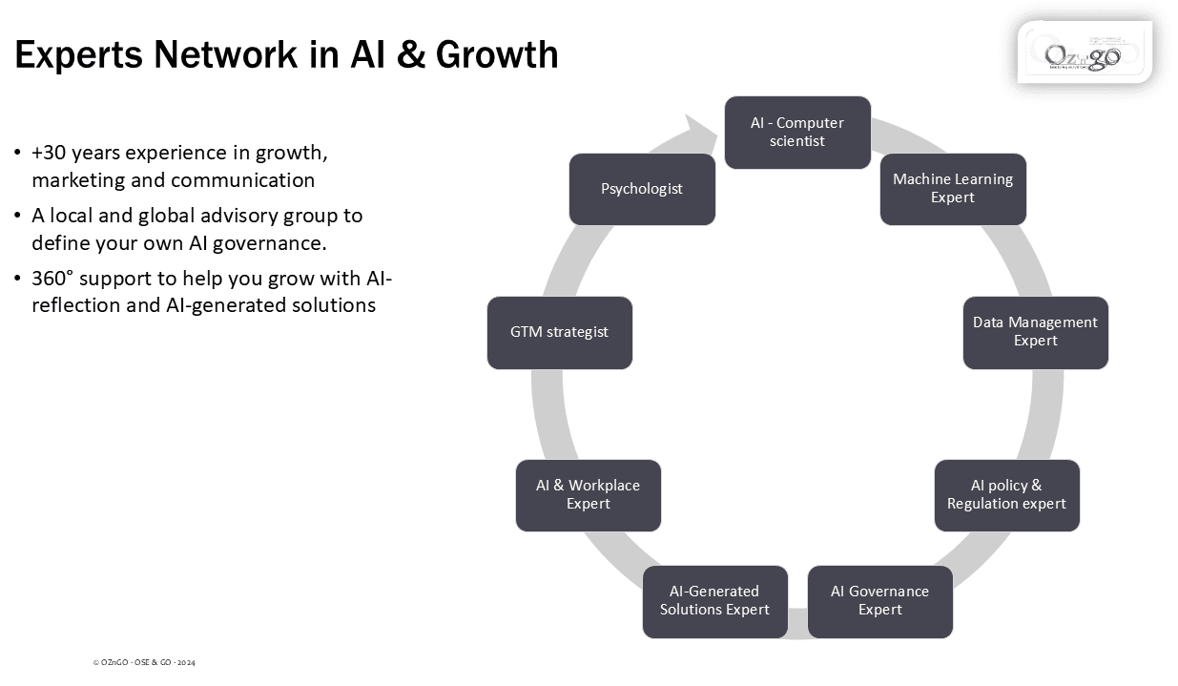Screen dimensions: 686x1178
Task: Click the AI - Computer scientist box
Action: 797,133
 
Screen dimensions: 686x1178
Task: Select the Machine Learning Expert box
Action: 953,189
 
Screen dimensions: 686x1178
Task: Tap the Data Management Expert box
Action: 1035,332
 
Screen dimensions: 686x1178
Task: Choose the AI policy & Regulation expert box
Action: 1006,495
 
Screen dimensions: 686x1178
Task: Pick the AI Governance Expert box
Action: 879,601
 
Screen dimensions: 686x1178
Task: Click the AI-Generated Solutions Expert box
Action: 714,601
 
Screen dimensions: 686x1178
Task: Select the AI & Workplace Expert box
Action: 588,495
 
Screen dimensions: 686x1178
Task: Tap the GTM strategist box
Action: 559,332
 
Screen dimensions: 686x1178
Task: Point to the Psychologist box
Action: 642,189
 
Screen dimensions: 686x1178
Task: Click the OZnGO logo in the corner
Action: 1085,53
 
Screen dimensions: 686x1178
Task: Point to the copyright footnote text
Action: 144,662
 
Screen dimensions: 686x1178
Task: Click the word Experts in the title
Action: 79,54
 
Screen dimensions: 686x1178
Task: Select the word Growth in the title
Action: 497,54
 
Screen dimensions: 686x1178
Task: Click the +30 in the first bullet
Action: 49,153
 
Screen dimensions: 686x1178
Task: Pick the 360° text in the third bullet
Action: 52,279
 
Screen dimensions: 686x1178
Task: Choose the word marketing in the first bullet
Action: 81,180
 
